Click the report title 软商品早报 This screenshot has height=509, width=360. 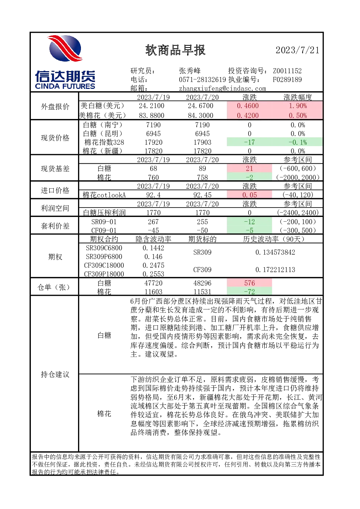coord(175,50)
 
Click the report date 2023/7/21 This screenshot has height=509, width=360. coord(297,50)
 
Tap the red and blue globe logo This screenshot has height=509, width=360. coord(65,48)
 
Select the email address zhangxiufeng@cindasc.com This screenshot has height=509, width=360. coord(222,89)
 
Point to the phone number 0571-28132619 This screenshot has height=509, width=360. coord(202,79)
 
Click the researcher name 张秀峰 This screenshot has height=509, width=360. coord(190,71)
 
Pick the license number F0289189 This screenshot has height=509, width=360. coord(287,79)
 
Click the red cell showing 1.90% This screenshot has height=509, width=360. coord(298,106)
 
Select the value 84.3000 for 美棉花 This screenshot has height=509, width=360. coord(200,115)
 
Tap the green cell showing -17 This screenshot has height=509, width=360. coord(249,142)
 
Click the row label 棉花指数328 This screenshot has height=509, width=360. coord(104,142)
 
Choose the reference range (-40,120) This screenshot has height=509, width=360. coord(298,195)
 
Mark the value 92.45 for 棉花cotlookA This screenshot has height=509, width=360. coord(202,195)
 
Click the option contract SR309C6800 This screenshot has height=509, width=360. coord(104,248)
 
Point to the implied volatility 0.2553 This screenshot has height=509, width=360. coord(154,274)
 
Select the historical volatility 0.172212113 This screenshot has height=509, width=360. coord(275,270)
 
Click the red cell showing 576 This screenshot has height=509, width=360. coord(249,283)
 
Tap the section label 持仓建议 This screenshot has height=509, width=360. coord(55,374)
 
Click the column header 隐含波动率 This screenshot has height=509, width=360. coord(154,239)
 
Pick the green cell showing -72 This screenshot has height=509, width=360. coord(249,291)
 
